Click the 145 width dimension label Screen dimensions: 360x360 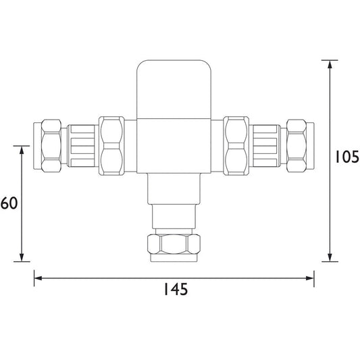(x=176, y=289)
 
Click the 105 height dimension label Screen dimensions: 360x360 (x=347, y=157)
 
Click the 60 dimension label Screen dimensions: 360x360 (x=9, y=203)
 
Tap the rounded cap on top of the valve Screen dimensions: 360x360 (x=174, y=89)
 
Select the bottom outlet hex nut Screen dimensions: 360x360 (x=174, y=244)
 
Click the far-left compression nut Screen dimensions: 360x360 (x=51, y=146)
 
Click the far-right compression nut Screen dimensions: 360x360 (x=297, y=146)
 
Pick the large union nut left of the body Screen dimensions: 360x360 (x=111, y=146)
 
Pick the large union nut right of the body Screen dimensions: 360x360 (x=236, y=146)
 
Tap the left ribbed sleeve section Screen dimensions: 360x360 (x=82, y=146)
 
